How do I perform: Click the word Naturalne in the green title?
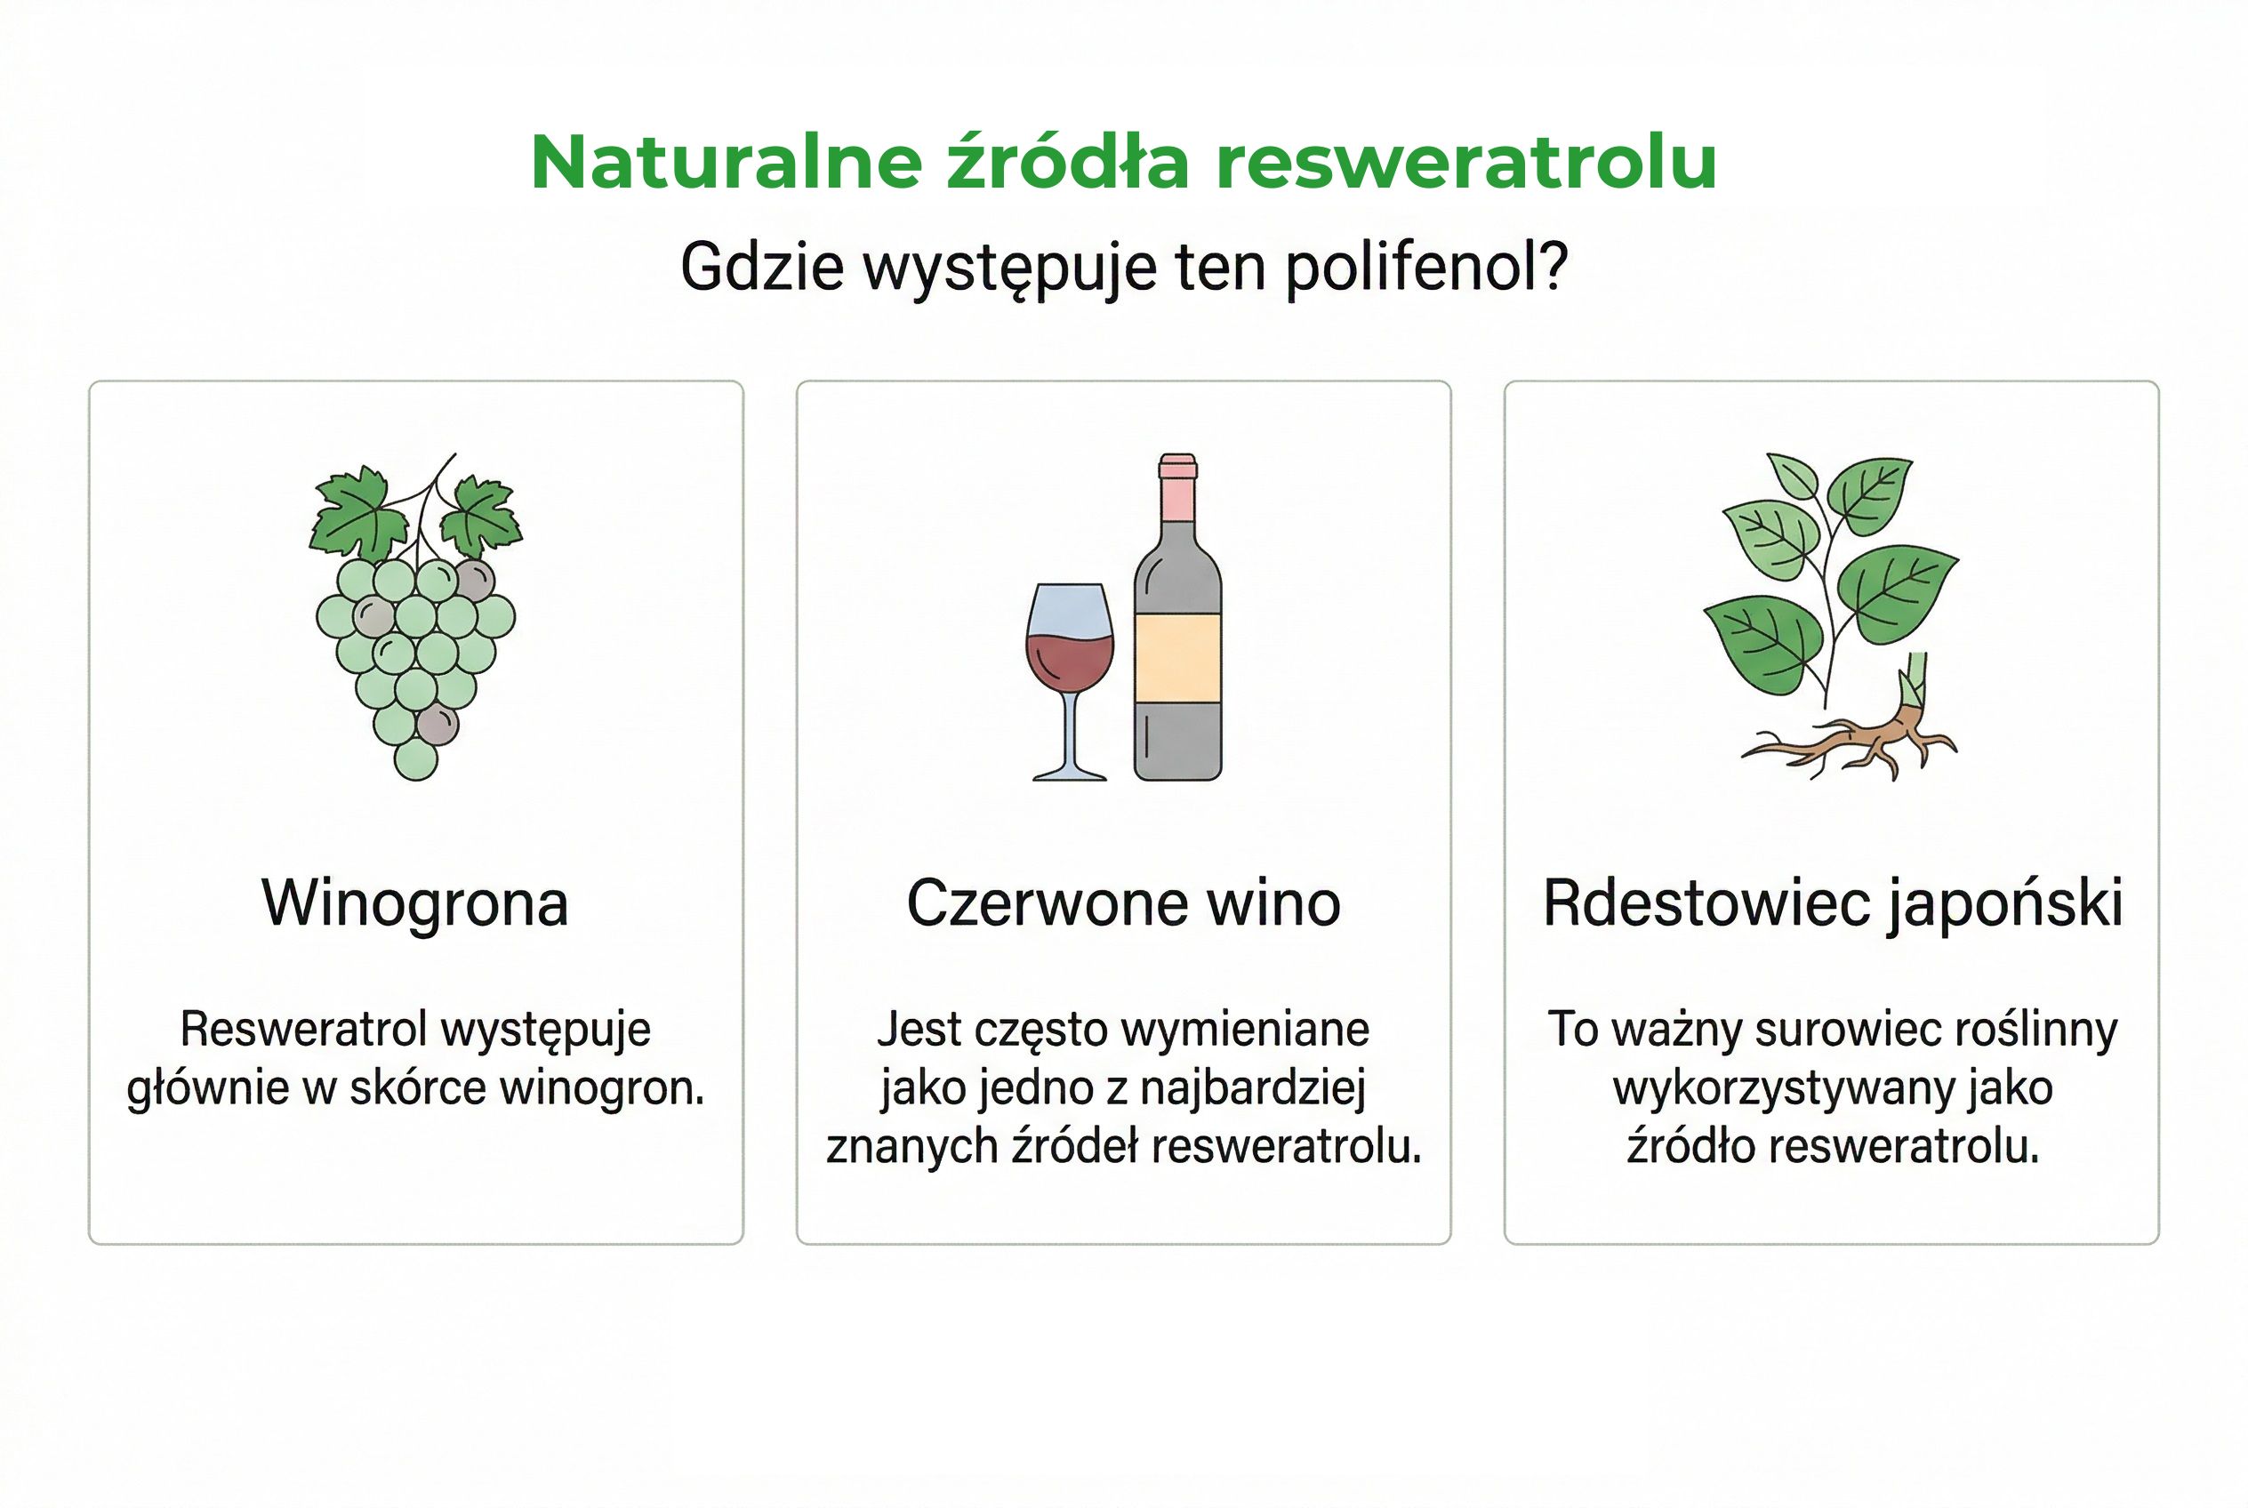point(727,162)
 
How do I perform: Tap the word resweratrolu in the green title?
point(1466,162)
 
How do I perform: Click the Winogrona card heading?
point(415,903)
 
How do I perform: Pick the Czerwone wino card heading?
point(1123,903)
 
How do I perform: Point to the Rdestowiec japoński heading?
point(1833,903)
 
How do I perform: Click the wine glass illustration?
point(1070,673)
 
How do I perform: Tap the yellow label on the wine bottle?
point(1177,659)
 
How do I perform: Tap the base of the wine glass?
point(1070,774)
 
